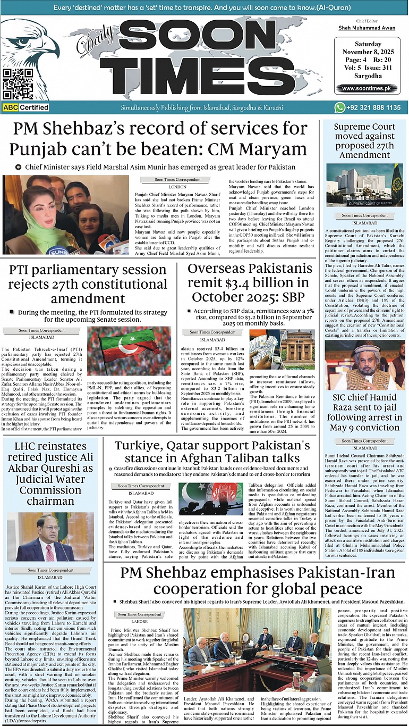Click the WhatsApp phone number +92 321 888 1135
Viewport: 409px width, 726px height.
373,107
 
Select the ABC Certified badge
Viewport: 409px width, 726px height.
26,107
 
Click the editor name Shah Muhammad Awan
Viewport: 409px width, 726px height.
366,27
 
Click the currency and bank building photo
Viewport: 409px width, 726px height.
282,349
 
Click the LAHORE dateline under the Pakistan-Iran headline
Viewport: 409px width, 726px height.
139,621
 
